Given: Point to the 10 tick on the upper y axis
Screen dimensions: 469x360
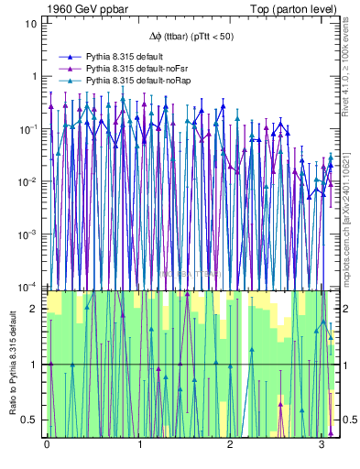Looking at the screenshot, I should tap(30, 23).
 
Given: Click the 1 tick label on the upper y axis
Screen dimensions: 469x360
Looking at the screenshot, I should tap(33, 76).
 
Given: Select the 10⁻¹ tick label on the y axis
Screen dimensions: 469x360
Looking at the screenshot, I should tap(27, 128).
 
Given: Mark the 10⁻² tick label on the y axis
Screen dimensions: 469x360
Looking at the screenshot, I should tap(27, 181).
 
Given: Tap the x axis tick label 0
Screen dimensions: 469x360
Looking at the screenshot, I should tap(47, 445).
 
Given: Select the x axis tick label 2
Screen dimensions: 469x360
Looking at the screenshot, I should tap(230, 445).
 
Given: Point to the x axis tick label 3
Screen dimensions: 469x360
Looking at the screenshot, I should tap(322, 445).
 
